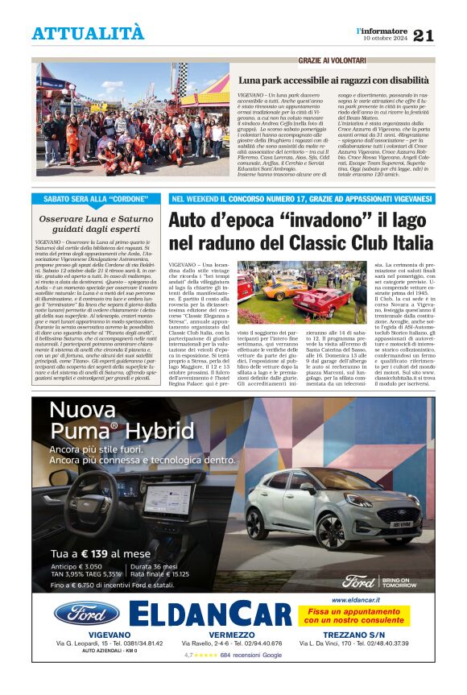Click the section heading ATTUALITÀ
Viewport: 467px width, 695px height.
coord(89,33)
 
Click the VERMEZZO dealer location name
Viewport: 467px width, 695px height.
coord(232,635)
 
